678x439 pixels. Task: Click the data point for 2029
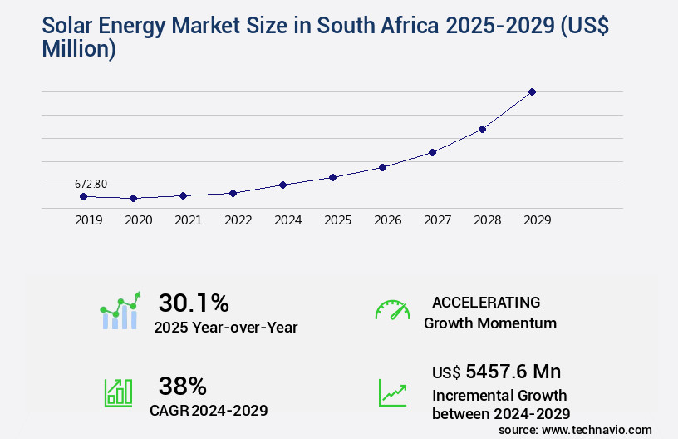pos(532,91)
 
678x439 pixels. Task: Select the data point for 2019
pos(83,196)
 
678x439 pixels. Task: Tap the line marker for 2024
pos(282,185)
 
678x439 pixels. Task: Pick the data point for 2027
pos(432,152)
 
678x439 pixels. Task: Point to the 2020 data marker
pos(133,199)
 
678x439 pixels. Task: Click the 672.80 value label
pos(91,184)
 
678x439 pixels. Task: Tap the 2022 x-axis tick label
pos(238,220)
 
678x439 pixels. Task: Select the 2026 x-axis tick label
pos(387,220)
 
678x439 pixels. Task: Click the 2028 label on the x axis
pos(487,220)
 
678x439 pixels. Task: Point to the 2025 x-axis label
pos(337,220)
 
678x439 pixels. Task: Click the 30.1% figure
pos(194,303)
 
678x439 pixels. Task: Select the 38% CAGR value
pos(182,386)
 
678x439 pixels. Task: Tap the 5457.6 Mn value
pos(513,372)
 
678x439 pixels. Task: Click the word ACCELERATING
pos(486,302)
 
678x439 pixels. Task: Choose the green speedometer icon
pos(392,310)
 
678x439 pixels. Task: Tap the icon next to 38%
pos(117,392)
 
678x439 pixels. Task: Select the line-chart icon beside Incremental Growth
pos(392,392)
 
